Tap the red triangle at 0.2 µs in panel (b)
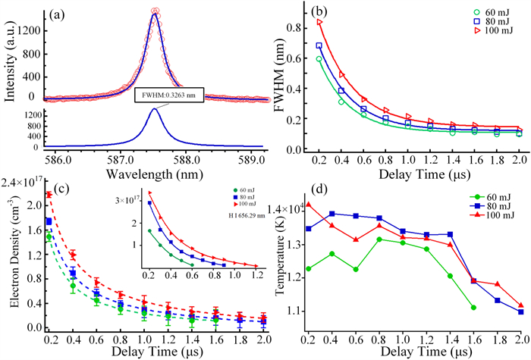pos(319,22)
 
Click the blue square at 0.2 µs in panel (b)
pos(319,46)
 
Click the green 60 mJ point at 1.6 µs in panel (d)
pos(473,307)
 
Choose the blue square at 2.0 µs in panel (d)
pos(521,311)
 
